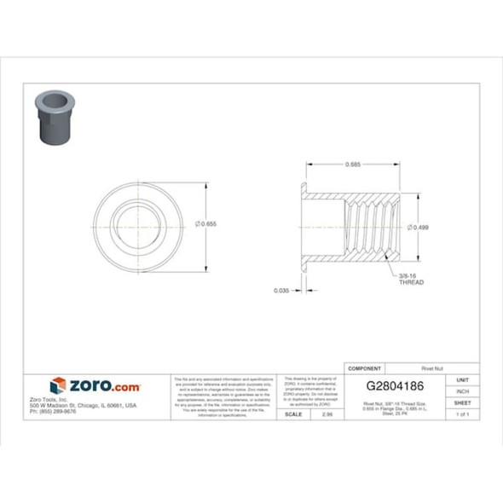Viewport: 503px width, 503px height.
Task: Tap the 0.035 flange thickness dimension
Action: [280, 290]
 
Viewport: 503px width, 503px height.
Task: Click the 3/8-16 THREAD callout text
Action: [412, 279]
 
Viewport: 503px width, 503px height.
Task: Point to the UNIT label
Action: [462, 379]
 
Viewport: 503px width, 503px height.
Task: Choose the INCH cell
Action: [462, 391]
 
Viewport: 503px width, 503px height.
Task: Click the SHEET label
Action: [462, 402]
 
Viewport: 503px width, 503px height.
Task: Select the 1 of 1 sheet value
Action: [462, 413]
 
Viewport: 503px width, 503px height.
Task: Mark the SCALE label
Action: [292, 413]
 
